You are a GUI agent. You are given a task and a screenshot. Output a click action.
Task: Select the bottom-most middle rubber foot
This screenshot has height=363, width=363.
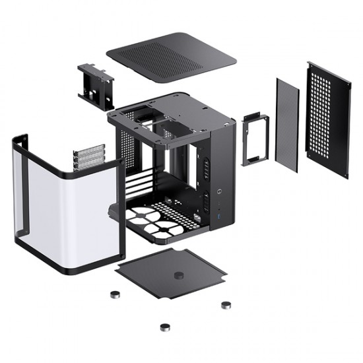click(x=162, y=326)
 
